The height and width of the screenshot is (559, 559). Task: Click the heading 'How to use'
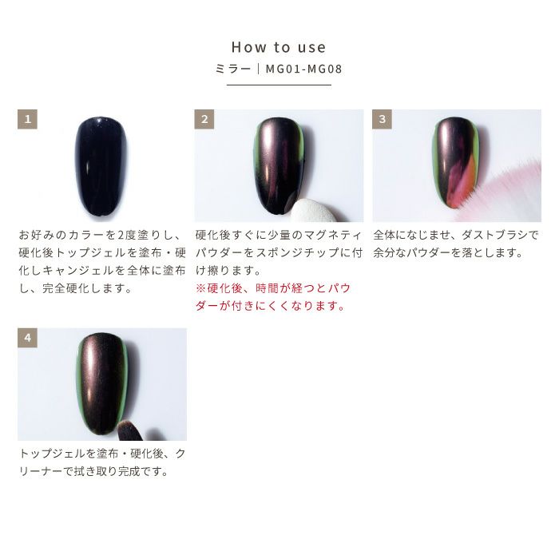coord(279,47)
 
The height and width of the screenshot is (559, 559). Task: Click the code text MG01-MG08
coord(303,69)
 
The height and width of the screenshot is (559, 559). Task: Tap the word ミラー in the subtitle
coord(233,69)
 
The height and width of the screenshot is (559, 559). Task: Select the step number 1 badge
coord(27,119)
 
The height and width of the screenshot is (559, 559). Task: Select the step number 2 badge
coord(204,119)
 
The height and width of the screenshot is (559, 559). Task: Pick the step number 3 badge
coord(383,119)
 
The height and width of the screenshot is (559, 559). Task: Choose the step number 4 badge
coord(27,338)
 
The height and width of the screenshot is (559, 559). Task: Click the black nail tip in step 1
coord(101,166)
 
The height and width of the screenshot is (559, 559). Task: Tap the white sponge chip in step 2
coord(315,211)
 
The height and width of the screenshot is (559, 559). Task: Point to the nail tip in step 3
coord(456,163)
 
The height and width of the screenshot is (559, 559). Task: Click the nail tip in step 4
coord(102,384)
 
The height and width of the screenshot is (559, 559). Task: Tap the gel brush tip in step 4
coord(129,430)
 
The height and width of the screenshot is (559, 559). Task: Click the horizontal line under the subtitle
coord(279,85)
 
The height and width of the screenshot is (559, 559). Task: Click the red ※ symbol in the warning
coord(200,288)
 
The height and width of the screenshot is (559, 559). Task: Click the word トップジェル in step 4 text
coord(53,454)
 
